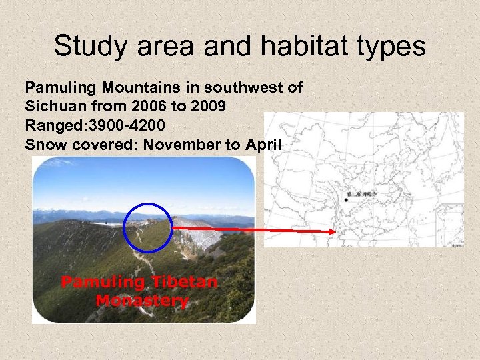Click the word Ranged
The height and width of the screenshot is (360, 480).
click(51, 125)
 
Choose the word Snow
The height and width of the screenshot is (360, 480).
click(41, 143)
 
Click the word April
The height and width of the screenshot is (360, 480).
click(259, 143)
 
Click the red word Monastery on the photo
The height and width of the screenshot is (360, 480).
click(142, 301)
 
